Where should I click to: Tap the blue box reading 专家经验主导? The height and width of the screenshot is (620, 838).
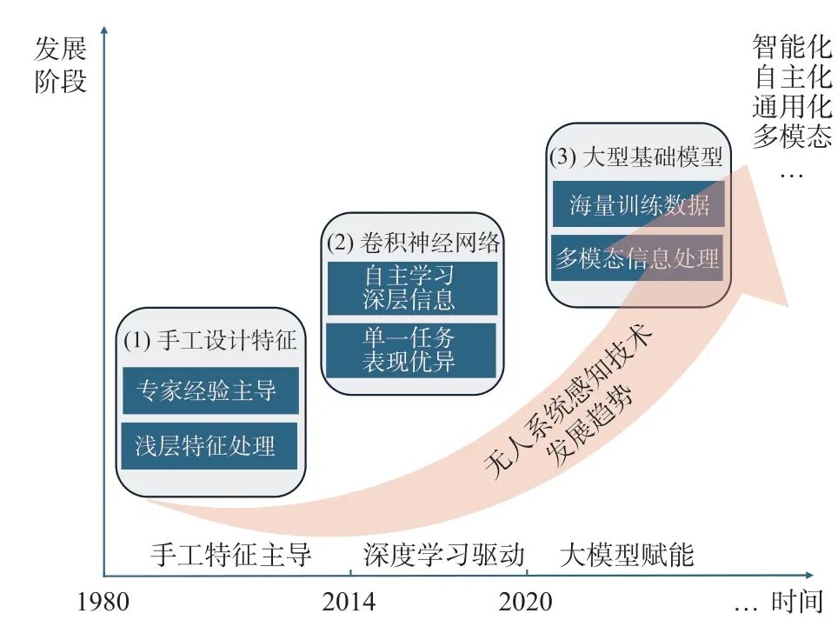pyautogui.click(x=210, y=390)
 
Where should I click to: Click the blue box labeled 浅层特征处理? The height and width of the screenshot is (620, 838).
pyautogui.click(x=210, y=446)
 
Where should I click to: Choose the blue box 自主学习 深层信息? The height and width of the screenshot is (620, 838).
pyautogui.click(x=411, y=288)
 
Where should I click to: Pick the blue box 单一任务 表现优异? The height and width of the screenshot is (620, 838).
pyautogui.click(x=411, y=350)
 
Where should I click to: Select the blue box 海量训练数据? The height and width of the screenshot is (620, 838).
pyautogui.click(x=639, y=205)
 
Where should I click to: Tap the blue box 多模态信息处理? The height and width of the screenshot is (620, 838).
pyautogui.click(x=637, y=258)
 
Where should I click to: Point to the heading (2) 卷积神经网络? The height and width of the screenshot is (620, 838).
pyautogui.click(x=413, y=243)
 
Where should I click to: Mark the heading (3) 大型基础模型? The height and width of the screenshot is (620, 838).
pyautogui.click(x=635, y=159)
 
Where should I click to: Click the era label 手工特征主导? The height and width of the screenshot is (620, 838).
pyautogui.click(x=231, y=555)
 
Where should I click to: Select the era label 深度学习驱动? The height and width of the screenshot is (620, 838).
pyautogui.click(x=444, y=555)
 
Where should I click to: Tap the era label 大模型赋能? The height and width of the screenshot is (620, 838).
pyautogui.click(x=627, y=555)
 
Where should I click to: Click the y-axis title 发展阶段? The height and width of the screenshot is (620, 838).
pyautogui.click(x=61, y=66)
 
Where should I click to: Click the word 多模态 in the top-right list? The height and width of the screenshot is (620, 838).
pyautogui.click(x=791, y=137)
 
